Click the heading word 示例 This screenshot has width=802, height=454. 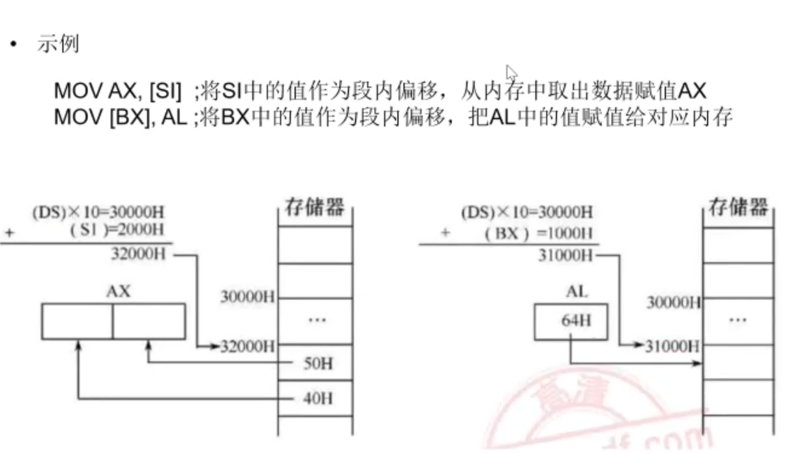pos(58,44)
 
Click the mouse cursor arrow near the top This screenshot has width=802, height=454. pos(511,73)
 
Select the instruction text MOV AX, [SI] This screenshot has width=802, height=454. pos(117,91)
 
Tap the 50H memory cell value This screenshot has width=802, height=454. pos(318,363)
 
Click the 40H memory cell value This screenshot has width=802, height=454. pos(318,398)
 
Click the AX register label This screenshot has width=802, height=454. pos(118,292)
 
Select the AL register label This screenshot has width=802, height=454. pos(576,292)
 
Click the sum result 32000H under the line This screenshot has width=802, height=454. pos(138,254)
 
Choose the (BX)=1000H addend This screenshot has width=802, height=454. pos(539,233)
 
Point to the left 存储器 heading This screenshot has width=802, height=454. pos(315,208)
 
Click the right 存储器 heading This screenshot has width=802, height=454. pos(738,208)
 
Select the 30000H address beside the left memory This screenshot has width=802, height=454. pos(247,297)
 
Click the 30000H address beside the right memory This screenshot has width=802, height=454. pos(673,302)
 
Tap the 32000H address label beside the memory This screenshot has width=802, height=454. pos(248,346)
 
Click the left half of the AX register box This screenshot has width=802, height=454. pos(77,321)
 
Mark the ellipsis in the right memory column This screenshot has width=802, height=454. pos(737,320)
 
